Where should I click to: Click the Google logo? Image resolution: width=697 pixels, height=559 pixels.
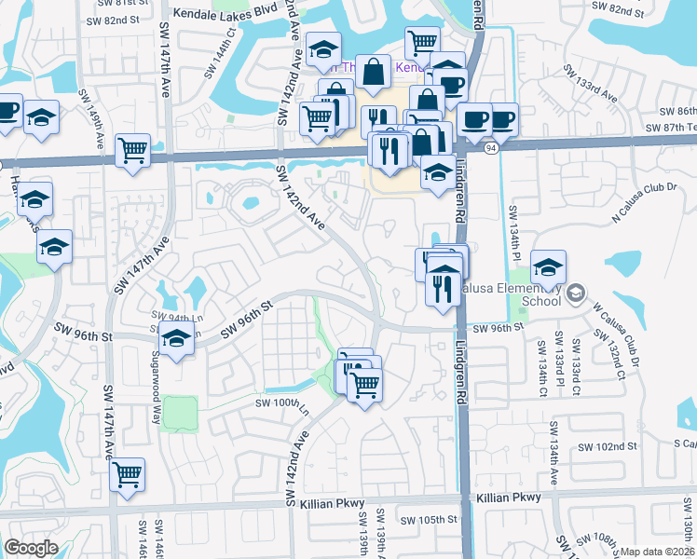pyautogui.click(x=31, y=548)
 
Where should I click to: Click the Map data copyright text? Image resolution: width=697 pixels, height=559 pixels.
pyautogui.click(x=658, y=552)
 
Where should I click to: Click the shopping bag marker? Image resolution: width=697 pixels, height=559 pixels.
pyautogui.click(x=373, y=73)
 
